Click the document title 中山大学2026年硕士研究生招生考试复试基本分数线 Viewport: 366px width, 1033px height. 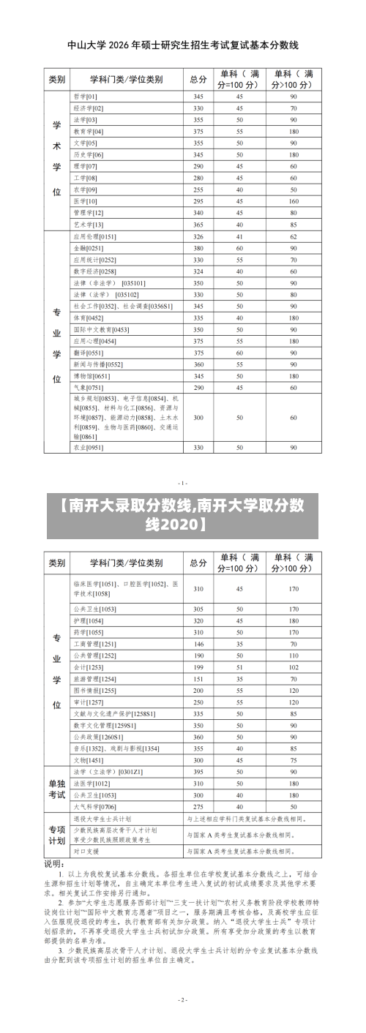(182, 45)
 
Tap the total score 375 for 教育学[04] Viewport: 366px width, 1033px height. (198, 131)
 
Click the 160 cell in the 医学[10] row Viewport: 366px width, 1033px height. (294, 200)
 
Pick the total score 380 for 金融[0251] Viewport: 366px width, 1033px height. (198, 248)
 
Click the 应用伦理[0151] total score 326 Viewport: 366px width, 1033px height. (198, 236)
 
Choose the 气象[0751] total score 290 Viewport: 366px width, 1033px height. (198, 387)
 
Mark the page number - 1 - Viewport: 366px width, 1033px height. (183, 482)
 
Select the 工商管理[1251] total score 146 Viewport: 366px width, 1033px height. (198, 644)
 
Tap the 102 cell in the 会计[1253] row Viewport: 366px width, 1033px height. (294, 667)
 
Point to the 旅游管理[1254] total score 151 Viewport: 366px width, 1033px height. (198, 679)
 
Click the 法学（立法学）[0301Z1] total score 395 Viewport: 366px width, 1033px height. (198, 772)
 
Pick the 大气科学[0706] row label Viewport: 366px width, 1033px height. (94, 806)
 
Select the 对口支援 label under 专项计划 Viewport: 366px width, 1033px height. (86, 852)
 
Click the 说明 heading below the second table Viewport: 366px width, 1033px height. (56, 864)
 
